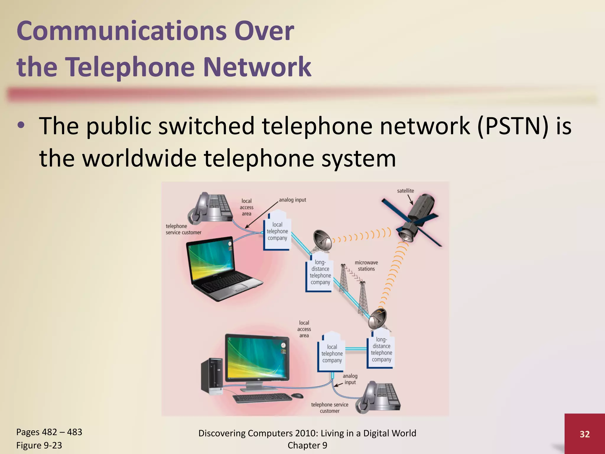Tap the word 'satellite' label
pyautogui.click(x=405, y=191)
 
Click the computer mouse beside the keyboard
pyautogui.click(x=297, y=395)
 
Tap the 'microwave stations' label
pyautogui.click(x=366, y=266)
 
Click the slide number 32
pyautogui.click(x=585, y=434)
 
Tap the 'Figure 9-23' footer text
pyautogui.click(x=39, y=445)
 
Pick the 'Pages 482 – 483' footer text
pyautogui.click(x=49, y=432)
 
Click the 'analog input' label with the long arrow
pyautogui.click(x=292, y=200)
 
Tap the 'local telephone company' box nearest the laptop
pyautogui.click(x=277, y=231)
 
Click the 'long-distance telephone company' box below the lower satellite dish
pyautogui.click(x=381, y=350)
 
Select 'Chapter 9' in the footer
pyautogui.click(x=307, y=445)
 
